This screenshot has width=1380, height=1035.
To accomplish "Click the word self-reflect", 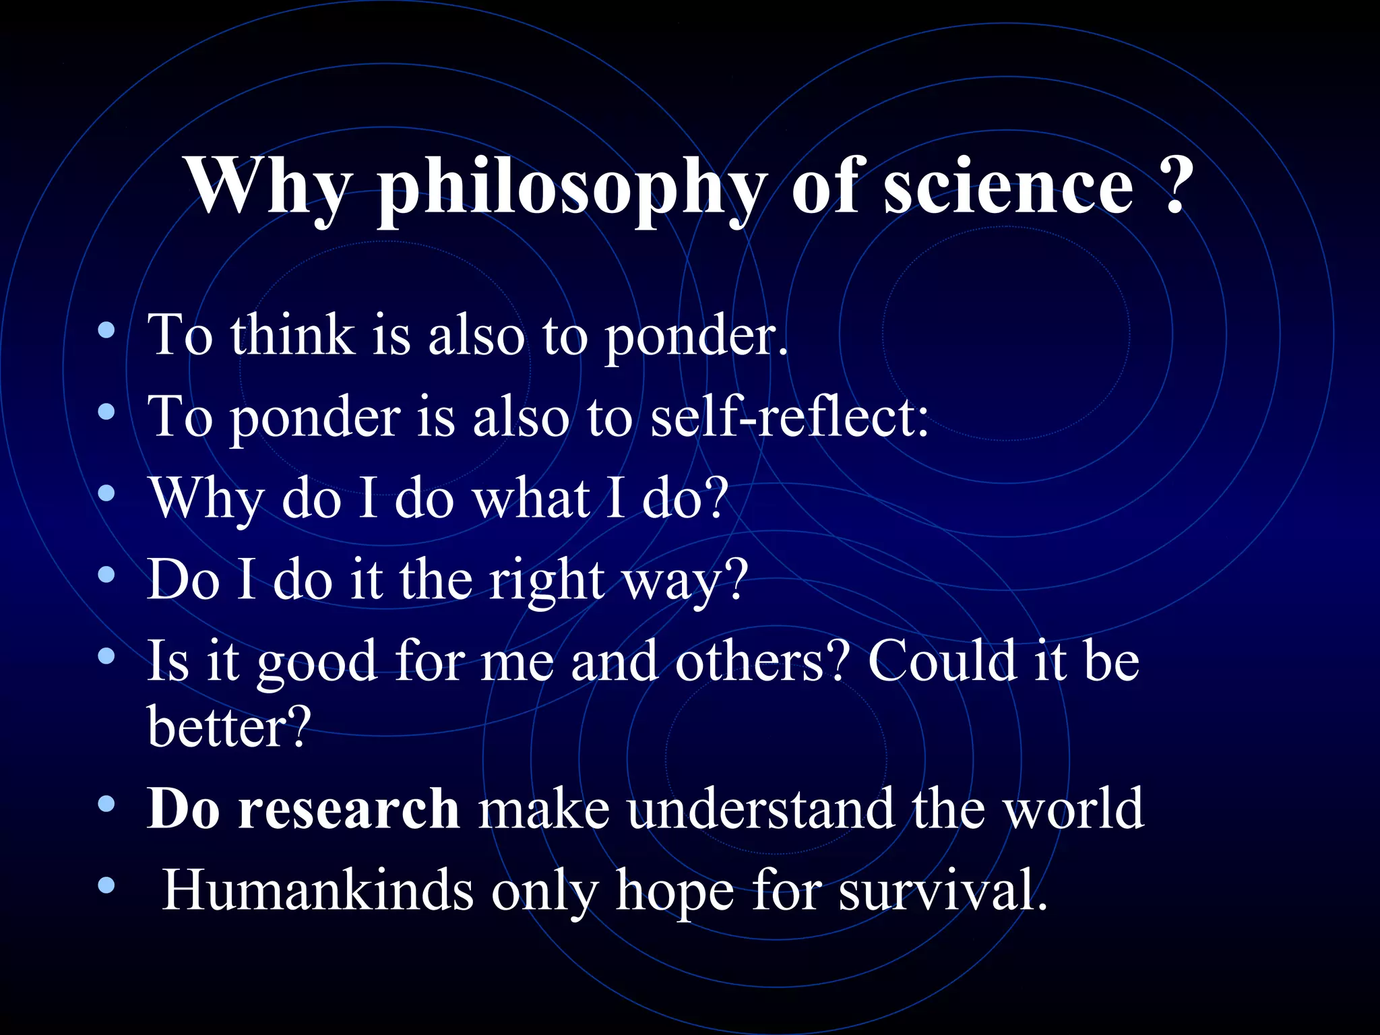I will (x=788, y=416).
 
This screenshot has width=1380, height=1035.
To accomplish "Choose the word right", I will (x=546, y=580).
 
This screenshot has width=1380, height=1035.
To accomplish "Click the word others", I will (x=759, y=661).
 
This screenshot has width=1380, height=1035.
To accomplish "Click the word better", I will (x=229, y=727).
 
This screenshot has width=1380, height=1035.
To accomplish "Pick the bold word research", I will (x=348, y=809).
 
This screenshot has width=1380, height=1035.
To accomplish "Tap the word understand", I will (x=760, y=809).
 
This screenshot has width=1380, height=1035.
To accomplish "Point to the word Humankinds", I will (x=318, y=890).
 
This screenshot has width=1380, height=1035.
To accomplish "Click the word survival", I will (x=943, y=890).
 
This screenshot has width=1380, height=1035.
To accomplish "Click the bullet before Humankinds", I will (x=106, y=885).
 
